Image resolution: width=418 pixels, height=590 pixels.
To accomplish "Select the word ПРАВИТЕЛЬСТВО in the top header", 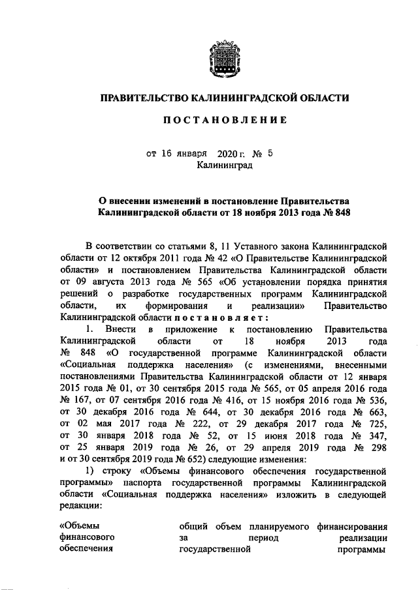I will [x=142, y=98].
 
